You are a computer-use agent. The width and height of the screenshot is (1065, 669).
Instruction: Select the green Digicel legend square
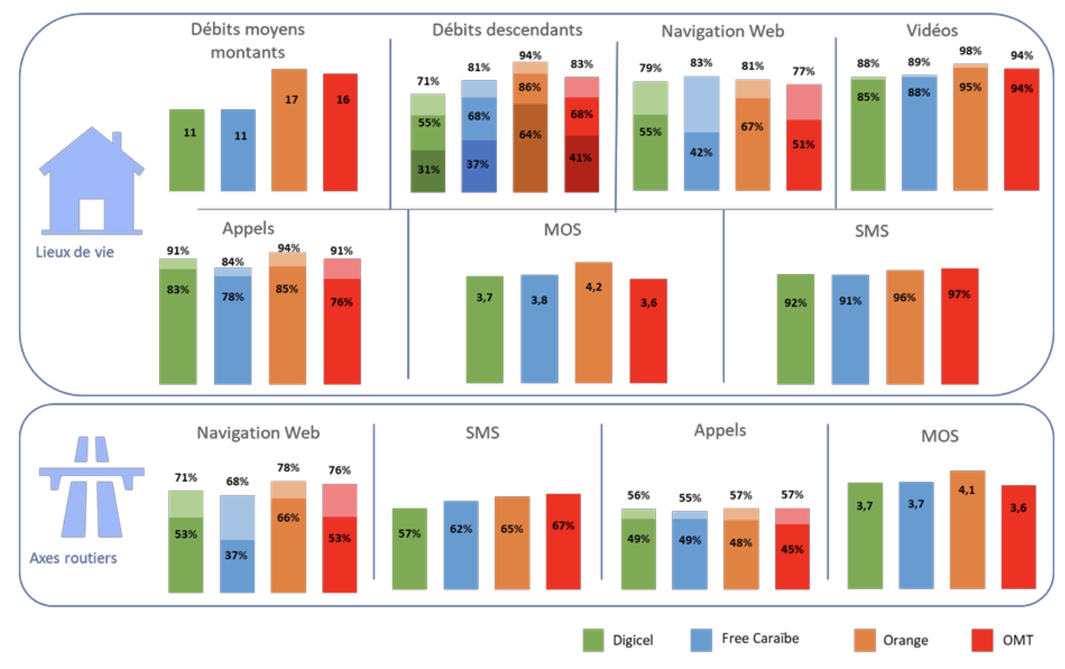(593, 640)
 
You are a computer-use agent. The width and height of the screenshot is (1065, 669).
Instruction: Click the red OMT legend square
(982, 640)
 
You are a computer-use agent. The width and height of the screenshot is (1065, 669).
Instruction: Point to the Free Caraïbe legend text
(760, 639)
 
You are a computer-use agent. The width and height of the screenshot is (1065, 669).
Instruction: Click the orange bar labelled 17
(289, 130)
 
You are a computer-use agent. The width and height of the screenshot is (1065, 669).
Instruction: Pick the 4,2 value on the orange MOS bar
(593, 287)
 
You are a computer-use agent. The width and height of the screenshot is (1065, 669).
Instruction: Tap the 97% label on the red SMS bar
(959, 294)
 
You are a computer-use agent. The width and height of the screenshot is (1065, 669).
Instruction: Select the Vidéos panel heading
(932, 30)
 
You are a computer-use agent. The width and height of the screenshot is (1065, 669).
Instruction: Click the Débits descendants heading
(507, 30)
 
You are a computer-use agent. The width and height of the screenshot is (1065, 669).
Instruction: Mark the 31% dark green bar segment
(428, 170)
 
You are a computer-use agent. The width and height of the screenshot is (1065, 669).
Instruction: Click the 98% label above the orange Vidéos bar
(970, 51)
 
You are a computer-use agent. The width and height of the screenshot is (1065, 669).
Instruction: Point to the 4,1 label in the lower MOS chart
(966, 490)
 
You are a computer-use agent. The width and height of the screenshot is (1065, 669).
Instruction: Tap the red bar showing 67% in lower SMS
(563, 541)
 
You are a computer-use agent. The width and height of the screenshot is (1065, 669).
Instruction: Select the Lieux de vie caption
(75, 252)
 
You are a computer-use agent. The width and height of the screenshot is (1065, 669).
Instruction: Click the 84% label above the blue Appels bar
(233, 262)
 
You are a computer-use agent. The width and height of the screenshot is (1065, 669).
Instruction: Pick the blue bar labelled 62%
(461, 545)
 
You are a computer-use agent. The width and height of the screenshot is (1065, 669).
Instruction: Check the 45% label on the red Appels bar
(792, 549)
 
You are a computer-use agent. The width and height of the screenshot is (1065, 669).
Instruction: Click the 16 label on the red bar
(343, 100)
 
